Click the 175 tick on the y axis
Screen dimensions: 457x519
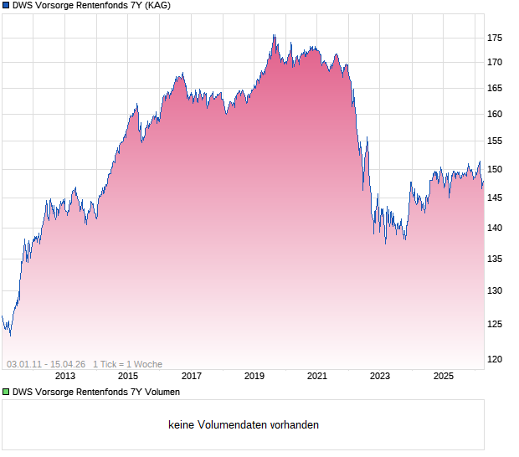pyautogui.click(x=495, y=38)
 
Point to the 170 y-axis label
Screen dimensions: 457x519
pyautogui.click(x=495, y=62)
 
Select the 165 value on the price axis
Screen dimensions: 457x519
pyautogui.click(x=495, y=88)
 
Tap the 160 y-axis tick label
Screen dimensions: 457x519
pyautogui.click(x=495, y=115)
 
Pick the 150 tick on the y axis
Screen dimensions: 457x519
pyautogui.click(x=495, y=170)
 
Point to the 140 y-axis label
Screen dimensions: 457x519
pyautogui.click(x=495, y=228)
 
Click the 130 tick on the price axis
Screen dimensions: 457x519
pyautogui.click(x=495, y=291)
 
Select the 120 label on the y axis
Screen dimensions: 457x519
pyautogui.click(x=495, y=359)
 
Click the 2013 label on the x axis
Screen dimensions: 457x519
pyautogui.click(x=65, y=377)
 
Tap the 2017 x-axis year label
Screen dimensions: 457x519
pyautogui.click(x=192, y=377)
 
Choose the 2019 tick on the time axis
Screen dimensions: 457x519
pyautogui.click(x=254, y=377)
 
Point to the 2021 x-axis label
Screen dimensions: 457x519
pyautogui.click(x=317, y=377)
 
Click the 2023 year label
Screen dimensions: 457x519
pyautogui.click(x=380, y=377)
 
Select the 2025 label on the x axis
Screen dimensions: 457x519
pyautogui.click(x=443, y=377)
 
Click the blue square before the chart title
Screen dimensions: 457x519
pyautogui.click(x=6, y=6)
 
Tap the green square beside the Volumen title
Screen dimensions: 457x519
pyautogui.click(x=6, y=392)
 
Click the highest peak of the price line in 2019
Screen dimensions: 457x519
pyautogui.click(x=274, y=35)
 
